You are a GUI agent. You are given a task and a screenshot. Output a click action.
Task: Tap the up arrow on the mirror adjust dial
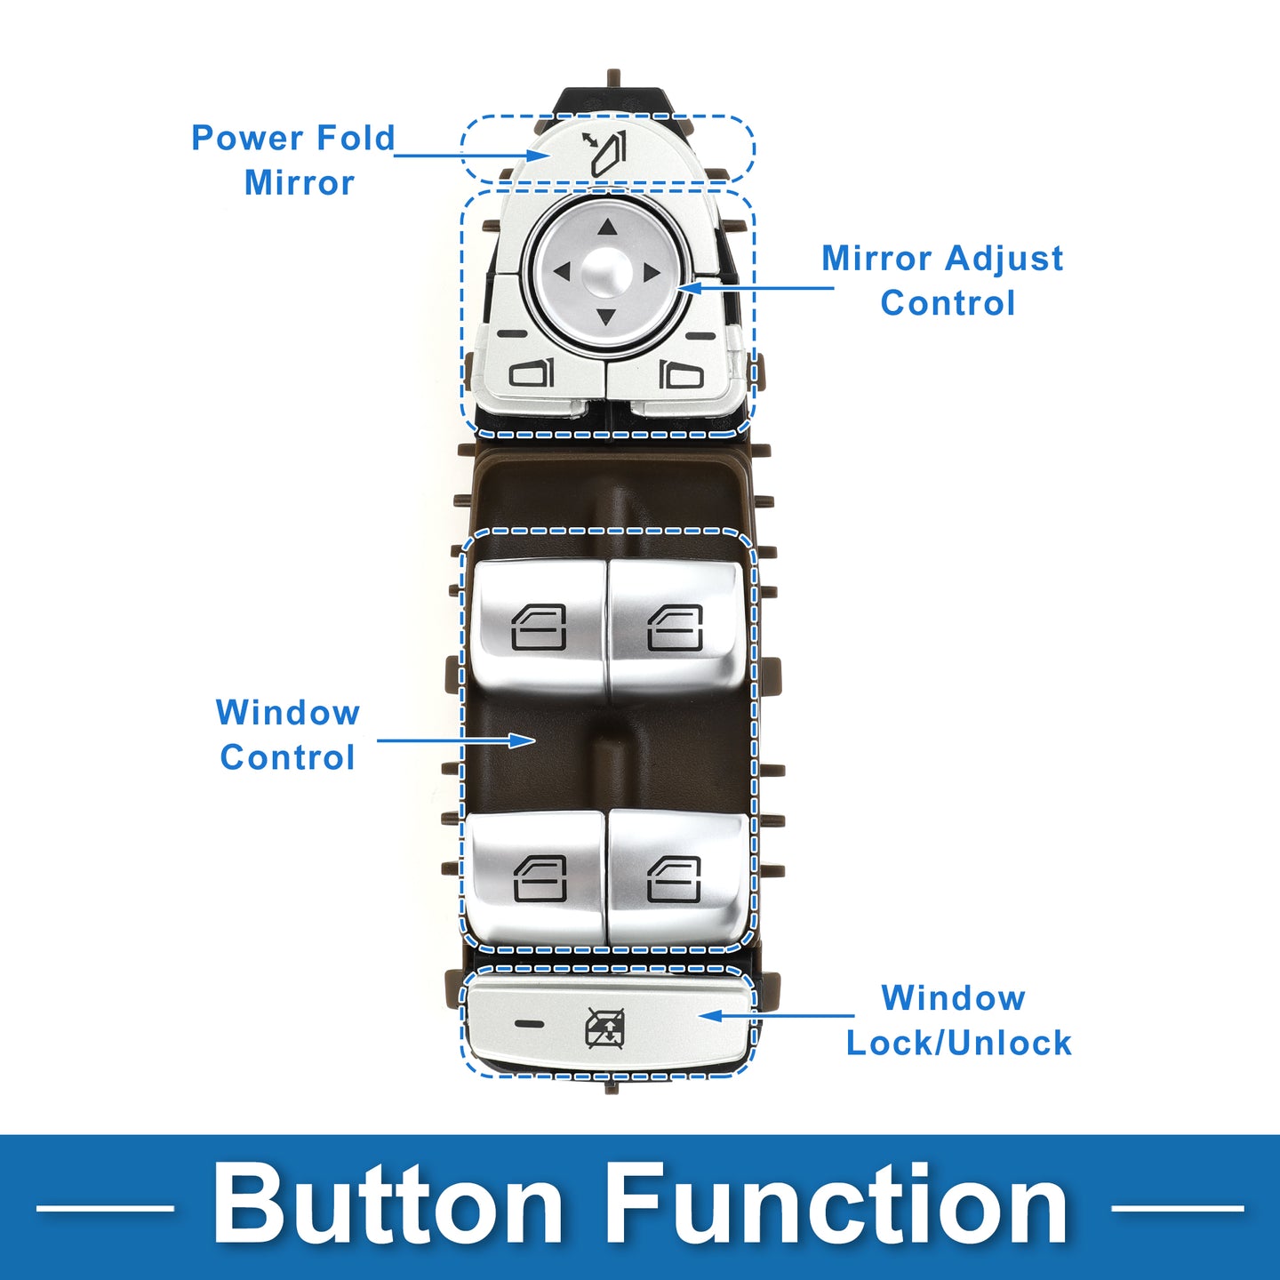[607, 228]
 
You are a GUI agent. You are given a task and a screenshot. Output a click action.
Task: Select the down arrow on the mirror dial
[606, 316]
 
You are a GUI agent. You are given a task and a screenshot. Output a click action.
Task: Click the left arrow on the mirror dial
[562, 271]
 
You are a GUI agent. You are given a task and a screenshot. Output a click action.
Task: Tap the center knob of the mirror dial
[606, 272]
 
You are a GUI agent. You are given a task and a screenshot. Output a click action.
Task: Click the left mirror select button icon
[531, 372]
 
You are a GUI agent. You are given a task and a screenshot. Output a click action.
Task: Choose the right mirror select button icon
[681, 374]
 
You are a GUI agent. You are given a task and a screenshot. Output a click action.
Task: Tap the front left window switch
[539, 628]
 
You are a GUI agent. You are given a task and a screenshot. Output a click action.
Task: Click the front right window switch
[675, 628]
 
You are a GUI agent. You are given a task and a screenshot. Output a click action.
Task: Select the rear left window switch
[540, 878]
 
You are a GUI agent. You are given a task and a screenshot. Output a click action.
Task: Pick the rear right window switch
[675, 878]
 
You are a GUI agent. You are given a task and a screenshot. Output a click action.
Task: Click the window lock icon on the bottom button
[605, 1028]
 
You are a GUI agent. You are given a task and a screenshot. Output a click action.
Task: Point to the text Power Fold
[293, 138]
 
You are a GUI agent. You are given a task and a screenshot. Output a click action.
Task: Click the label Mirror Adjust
[942, 259]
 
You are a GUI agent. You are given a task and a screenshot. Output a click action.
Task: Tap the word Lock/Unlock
[959, 1043]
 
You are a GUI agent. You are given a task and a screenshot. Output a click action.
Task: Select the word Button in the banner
[388, 1205]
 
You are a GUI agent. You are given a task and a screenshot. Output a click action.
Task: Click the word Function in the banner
[837, 1205]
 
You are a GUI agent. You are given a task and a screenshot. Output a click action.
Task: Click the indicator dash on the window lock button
[529, 1024]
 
